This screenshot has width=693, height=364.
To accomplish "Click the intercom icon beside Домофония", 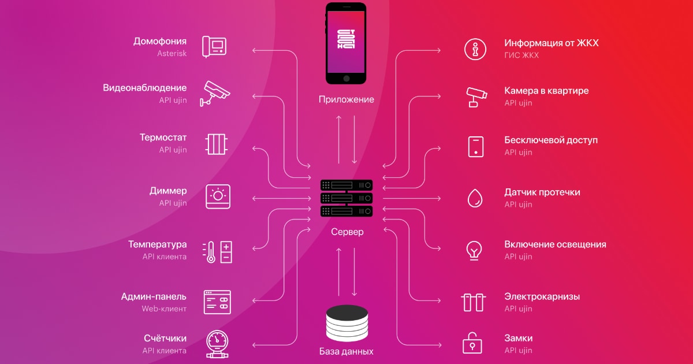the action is tap(214, 47).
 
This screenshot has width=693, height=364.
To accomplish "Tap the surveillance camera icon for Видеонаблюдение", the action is tap(215, 94).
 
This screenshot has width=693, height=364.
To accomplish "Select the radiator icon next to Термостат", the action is tap(216, 144).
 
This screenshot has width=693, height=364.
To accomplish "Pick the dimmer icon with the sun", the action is tap(218, 196).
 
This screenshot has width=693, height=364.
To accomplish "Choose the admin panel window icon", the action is tap(217, 302).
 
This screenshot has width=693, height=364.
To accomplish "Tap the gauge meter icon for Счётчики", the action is tap(217, 344).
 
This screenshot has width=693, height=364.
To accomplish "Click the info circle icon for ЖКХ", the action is tap(475, 49).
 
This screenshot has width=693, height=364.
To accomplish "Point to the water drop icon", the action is tap(475, 198).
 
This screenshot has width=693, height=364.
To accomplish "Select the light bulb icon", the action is tap(474, 251).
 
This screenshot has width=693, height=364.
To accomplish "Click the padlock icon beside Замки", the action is tap(472, 343).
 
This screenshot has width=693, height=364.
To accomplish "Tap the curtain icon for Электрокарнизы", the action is tap(474, 302).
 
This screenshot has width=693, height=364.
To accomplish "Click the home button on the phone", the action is tap(346, 79).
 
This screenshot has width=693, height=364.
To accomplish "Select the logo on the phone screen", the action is tap(346, 39).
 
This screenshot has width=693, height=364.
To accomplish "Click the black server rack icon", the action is tap(346, 198).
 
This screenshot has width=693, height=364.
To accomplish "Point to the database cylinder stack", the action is tap(347, 323).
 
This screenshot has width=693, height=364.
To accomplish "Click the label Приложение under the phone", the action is tap(346, 99).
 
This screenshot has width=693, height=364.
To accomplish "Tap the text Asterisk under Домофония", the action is tap(172, 54).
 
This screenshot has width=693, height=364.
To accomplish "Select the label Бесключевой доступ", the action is tap(551, 140).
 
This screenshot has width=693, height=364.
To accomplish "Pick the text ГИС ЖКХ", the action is tap(521, 55).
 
